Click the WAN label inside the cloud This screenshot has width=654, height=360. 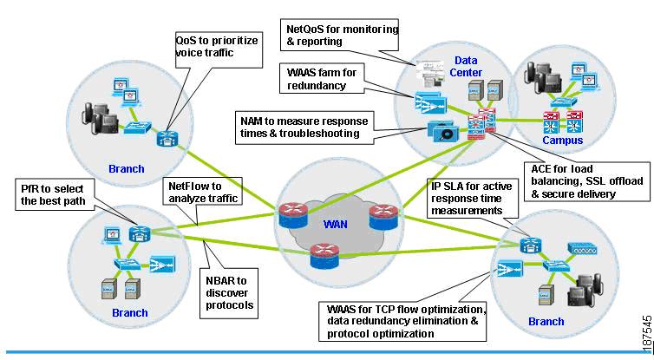click(x=335, y=225)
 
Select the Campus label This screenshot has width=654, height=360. click(x=562, y=140)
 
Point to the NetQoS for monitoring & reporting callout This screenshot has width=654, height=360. click(x=342, y=35)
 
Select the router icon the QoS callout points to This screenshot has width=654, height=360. click(x=167, y=137)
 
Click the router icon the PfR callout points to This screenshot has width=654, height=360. click(x=140, y=233)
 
